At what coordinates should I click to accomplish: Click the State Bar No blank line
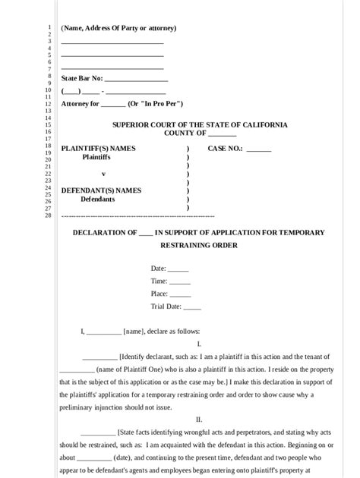pos(135,79)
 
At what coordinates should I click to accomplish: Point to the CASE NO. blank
pos(258,149)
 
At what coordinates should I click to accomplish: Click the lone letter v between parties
pos(103,174)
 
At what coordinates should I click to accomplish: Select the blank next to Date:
pos(178,269)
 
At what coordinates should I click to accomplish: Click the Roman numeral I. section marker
pos(198,344)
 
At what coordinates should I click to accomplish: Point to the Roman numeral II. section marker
pos(198,419)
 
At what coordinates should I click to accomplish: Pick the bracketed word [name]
pos(134,332)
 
